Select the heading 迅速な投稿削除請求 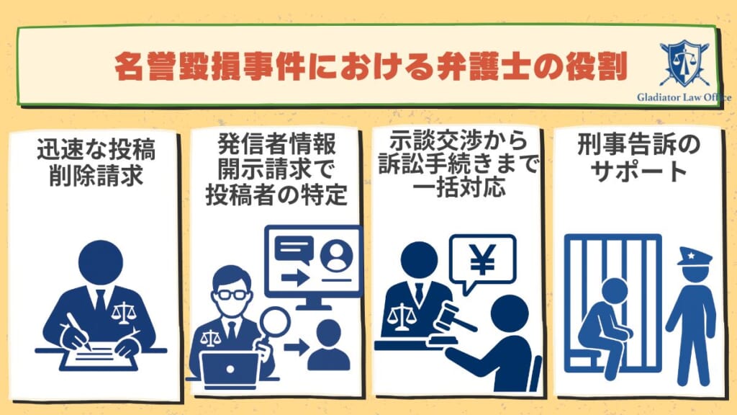(x=96, y=163)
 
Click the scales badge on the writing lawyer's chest (x=124, y=312)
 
